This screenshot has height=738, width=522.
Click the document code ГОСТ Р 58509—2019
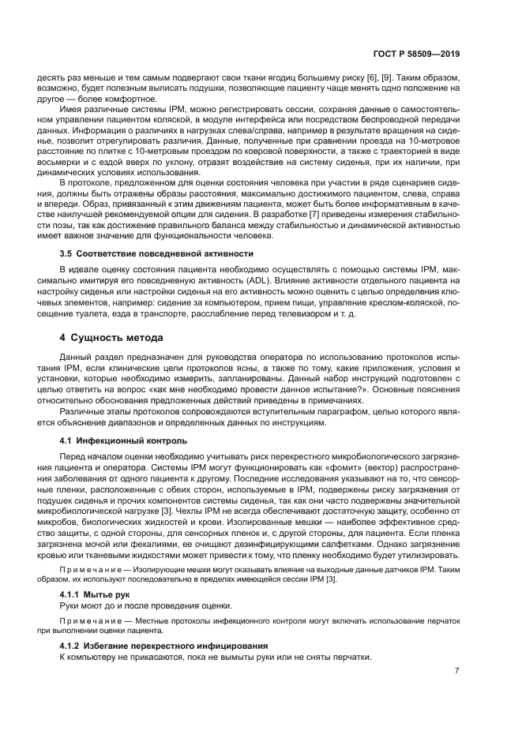click(416, 54)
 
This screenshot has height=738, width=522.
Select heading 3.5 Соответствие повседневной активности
click(156, 253)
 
